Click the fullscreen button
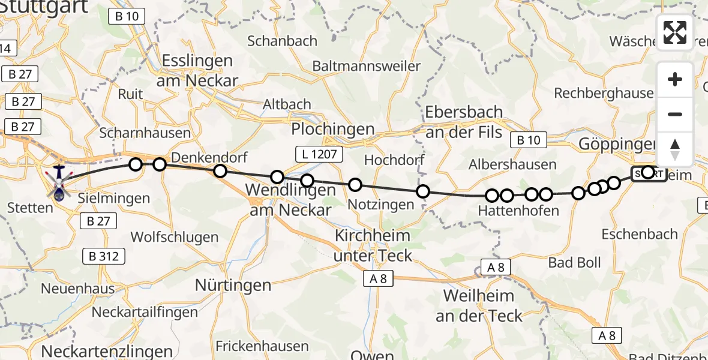click(675, 32)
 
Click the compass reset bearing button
click(675, 149)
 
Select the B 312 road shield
click(105, 257)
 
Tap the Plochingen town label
click(332, 129)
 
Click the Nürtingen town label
click(233, 286)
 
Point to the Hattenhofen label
click(518, 211)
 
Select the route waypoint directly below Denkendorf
click(220, 171)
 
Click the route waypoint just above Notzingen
click(355, 185)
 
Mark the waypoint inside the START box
click(647, 173)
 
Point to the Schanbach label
click(282, 41)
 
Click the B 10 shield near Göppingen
click(527, 140)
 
